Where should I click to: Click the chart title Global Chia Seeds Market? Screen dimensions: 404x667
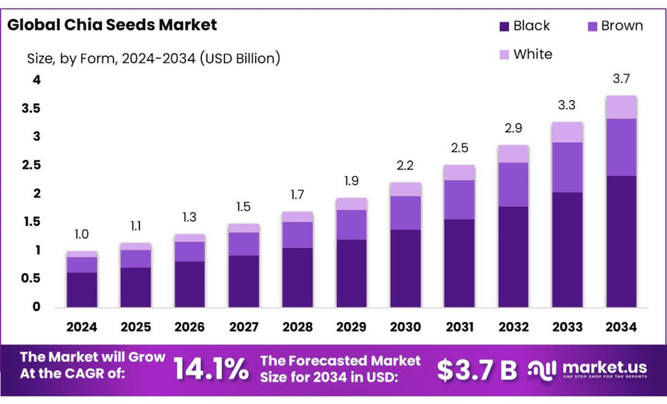click(112, 25)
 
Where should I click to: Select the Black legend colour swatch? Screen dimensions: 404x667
click(504, 26)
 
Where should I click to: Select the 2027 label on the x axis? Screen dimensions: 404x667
click(244, 327)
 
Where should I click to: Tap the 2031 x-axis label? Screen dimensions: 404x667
click(460, 327)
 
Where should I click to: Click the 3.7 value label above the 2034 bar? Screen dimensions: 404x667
click(622, 78)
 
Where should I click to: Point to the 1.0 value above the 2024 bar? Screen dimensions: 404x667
click(82, 235)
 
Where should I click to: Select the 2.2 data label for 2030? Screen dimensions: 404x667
click(406, 165)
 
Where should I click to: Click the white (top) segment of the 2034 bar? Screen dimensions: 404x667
click(622, 107)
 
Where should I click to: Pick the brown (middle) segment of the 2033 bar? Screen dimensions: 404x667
click(568, 167)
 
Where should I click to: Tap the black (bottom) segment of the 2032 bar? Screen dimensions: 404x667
click(514, 256)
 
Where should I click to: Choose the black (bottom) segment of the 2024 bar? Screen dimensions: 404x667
click(82, 289)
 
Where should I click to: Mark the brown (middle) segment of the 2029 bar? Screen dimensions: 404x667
click(352, 224)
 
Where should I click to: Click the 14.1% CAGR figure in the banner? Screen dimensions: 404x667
click(210, 368)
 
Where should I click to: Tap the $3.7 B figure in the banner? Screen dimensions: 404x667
click(476, 369)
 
